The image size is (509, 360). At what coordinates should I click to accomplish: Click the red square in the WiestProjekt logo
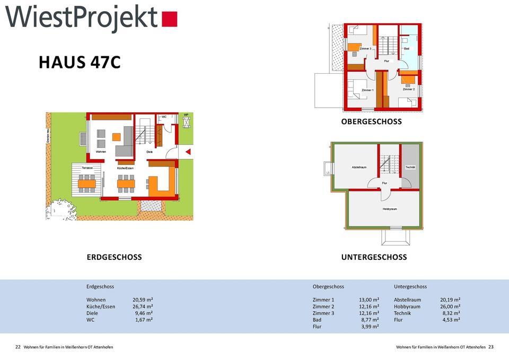pos(170,19)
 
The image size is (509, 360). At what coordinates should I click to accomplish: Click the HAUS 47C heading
pos(80,63)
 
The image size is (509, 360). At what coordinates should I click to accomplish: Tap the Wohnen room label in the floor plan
pos(101,152)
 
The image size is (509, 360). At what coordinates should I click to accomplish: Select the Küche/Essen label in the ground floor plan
pos(125,168)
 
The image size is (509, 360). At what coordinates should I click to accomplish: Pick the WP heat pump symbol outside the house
pos(186,121)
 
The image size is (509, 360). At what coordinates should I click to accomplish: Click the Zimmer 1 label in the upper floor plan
pos(367,90)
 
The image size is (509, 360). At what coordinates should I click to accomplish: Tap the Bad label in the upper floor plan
pos(407,49)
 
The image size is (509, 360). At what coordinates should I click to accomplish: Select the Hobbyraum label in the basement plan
pos(390,209)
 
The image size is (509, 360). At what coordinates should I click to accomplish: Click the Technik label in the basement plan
pos(410,167)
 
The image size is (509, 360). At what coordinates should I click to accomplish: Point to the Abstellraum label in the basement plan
pos(359,167)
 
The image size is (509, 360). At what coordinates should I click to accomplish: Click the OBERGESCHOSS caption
pos(371,122)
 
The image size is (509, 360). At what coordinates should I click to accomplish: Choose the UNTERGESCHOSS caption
pos(374,257)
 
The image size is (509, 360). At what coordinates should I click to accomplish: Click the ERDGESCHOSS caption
pos(114,257)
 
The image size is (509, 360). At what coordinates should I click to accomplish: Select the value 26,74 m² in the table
pos(143,306)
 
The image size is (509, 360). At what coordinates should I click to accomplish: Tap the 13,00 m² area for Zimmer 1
pos(368,300)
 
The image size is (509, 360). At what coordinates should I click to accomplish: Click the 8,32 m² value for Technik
pos(451,313)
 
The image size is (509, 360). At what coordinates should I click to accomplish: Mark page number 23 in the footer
pos(490,347)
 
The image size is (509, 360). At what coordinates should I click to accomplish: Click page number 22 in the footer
pos(17,347)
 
